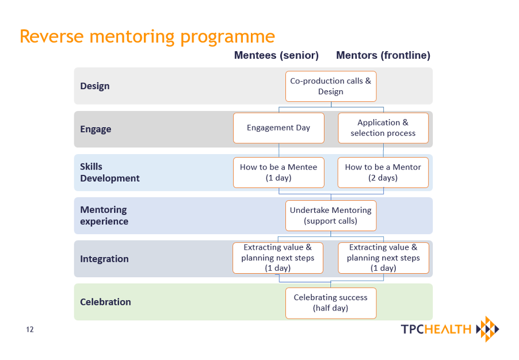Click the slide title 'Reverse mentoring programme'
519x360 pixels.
[147, 37]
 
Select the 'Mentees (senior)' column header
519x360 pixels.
[276, 55]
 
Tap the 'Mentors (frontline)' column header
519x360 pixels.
[383, 55]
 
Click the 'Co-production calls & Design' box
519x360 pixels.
[331, 86]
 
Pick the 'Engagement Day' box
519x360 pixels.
[278, 128]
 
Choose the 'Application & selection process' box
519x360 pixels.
[383, 128]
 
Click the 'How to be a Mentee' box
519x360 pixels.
[278, 173]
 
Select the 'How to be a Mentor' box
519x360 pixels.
[383, 173]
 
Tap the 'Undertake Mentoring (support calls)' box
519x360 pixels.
[331, 216]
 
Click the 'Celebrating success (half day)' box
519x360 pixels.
[331, 303]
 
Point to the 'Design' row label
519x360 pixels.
[95, 86]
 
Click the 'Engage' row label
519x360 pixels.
[96, 129]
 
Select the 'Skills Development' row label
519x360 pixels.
[110, 173]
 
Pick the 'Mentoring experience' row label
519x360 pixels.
[104, 216]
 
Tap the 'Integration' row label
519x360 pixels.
[104, 259]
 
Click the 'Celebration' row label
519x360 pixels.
[106, 302]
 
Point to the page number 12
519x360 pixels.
[30, 329]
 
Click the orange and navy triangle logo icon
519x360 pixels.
[487, 329]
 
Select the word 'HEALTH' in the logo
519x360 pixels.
[448, 329]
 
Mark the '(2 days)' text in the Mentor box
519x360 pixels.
[383, 178]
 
